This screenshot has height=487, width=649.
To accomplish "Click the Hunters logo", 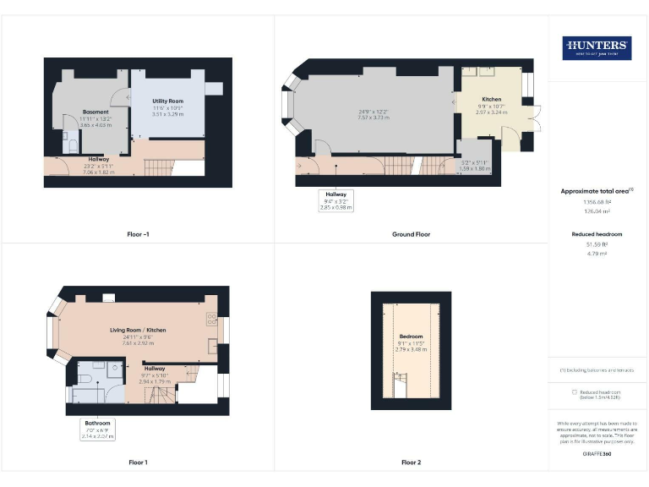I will click(x=596, y=47).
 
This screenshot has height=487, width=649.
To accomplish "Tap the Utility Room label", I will click(x=168, y=101).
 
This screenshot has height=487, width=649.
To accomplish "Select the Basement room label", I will click(x=95, y=112).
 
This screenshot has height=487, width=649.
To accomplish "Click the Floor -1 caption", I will click(x=138, y=233).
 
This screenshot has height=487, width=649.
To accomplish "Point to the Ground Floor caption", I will click(x=411, y=233).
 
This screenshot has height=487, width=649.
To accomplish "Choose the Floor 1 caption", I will click(x=138, y=462).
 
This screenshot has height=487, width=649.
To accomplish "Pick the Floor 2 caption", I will click(x=411, y=462).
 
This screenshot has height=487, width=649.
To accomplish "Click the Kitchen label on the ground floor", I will click(x=491, y=100).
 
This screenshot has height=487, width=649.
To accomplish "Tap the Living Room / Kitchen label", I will click(x=137, y=330).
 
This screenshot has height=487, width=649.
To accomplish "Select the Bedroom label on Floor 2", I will click(x=411, y=337).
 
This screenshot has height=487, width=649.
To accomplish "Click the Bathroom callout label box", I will click(x=97, y=430).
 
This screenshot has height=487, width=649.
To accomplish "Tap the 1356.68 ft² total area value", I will click(x=596, y=203).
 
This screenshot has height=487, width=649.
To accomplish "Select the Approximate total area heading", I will click(x=596, y=191).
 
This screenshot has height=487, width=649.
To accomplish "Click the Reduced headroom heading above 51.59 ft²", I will click(x=596, y=233).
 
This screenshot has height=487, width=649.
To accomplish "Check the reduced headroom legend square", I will click(x=574, y=391).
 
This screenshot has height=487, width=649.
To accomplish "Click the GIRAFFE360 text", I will click(x=596, y=455).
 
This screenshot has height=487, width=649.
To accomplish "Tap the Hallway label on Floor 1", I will click(x=155, y=369).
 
